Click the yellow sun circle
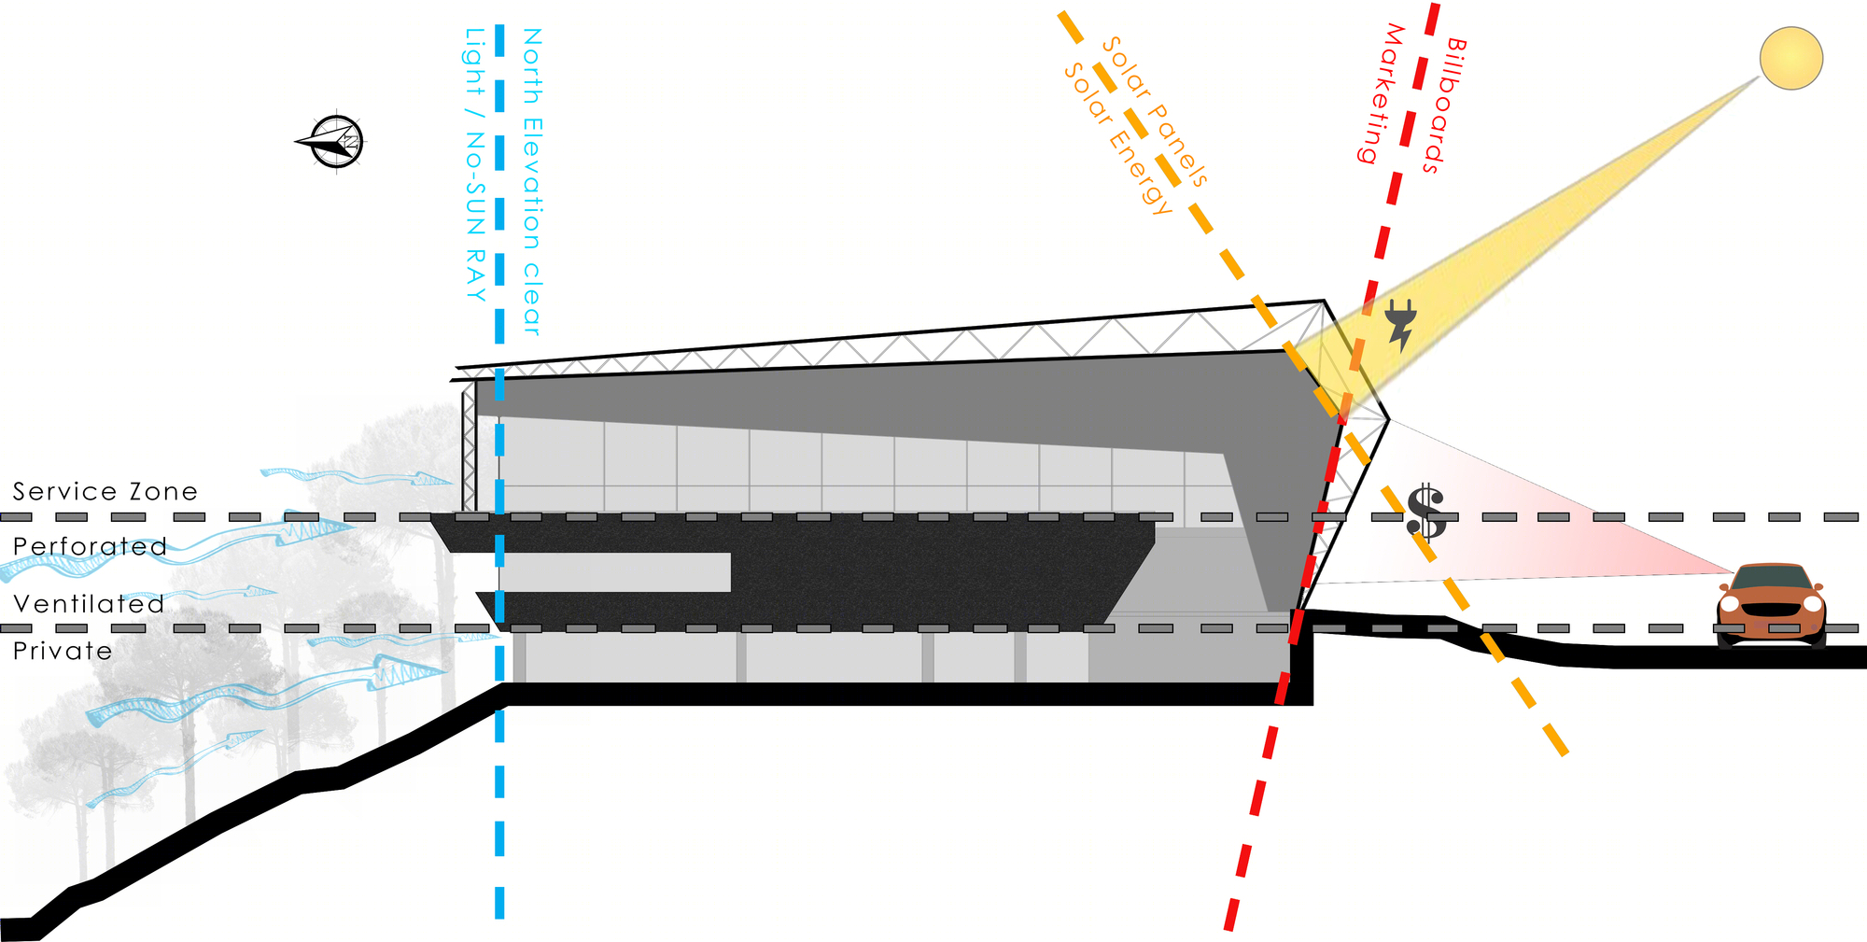coord(1790,58)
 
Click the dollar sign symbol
coord(1426,513)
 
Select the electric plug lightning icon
coord(1400,324)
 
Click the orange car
coord(1771,605)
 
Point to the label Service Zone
coord(105,491)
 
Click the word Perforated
coord(90,546)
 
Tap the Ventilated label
coord(89,604)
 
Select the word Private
coord(63,651)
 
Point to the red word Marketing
coord(1382,93)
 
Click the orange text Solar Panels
coord(1155,112)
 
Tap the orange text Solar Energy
coord(1117,138)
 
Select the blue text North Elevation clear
coord(532,181)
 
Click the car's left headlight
coord(1730,603)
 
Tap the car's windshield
coord(1771,578)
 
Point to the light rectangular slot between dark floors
coord(615,572)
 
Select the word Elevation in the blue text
coord(532,183)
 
